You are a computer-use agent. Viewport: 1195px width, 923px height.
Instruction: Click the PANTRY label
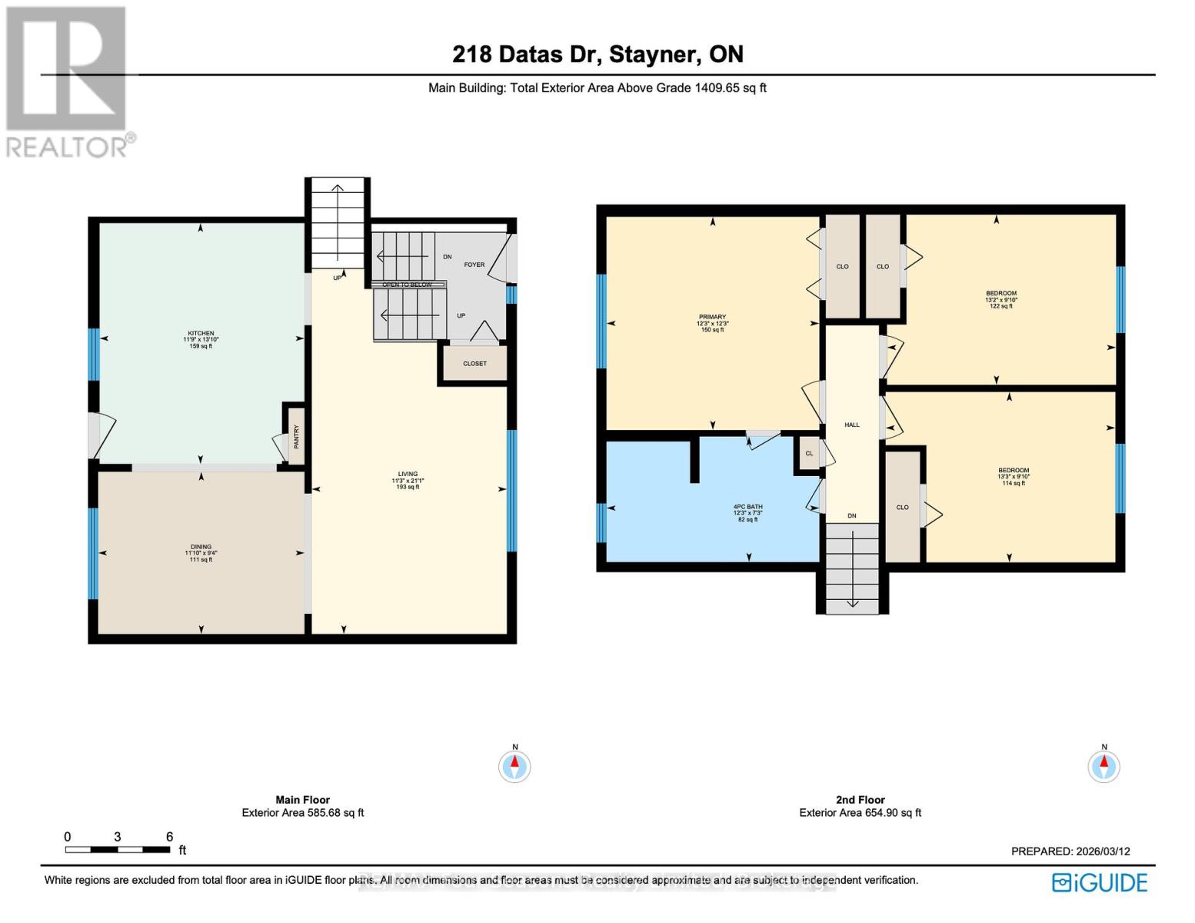point(295,437)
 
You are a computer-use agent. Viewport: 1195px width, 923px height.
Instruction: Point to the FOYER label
point(474,265)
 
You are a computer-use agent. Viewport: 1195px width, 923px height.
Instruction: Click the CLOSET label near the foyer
point(474,363)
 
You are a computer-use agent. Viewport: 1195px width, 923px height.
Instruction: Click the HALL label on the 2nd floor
point(852,425)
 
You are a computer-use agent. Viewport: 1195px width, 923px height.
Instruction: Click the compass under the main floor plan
point(514,765)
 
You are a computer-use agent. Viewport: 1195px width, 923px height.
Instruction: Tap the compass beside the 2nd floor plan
point(1103,765)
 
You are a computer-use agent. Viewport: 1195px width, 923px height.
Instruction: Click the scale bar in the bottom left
point(118,849)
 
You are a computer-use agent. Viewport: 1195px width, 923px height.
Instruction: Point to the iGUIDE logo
point(1100,882)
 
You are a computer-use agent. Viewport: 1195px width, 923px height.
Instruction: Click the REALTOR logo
point(68,81)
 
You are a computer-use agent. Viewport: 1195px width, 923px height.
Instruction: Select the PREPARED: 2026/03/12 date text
point(1070,851)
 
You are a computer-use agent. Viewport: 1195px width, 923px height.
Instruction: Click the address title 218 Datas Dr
point(597,54)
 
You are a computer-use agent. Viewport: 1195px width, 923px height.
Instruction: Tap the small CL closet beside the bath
point(809,454)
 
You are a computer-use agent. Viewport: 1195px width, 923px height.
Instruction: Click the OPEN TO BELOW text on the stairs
point(408,285)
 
